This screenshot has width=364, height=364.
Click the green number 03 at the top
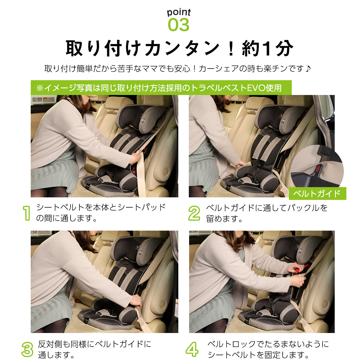click(179, 25)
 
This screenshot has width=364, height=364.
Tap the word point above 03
click(179, 12)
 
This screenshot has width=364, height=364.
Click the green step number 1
click(26, 213)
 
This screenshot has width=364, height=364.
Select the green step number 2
click(194, 213)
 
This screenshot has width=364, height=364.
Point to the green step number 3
click(27, 349)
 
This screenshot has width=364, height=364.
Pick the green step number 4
click(192, 349)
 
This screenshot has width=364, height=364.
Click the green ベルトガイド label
click(317, 194)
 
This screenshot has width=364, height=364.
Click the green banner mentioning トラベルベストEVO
click(161, 88)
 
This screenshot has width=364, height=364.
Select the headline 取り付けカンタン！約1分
click(179, 48)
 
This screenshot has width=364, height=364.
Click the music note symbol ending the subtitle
click(309, 69)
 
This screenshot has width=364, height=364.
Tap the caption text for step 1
click(101, 213)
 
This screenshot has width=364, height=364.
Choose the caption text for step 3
click(94, 349)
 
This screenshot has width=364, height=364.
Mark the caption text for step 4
click(268, 349)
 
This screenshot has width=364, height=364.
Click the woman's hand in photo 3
click(136, 300)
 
